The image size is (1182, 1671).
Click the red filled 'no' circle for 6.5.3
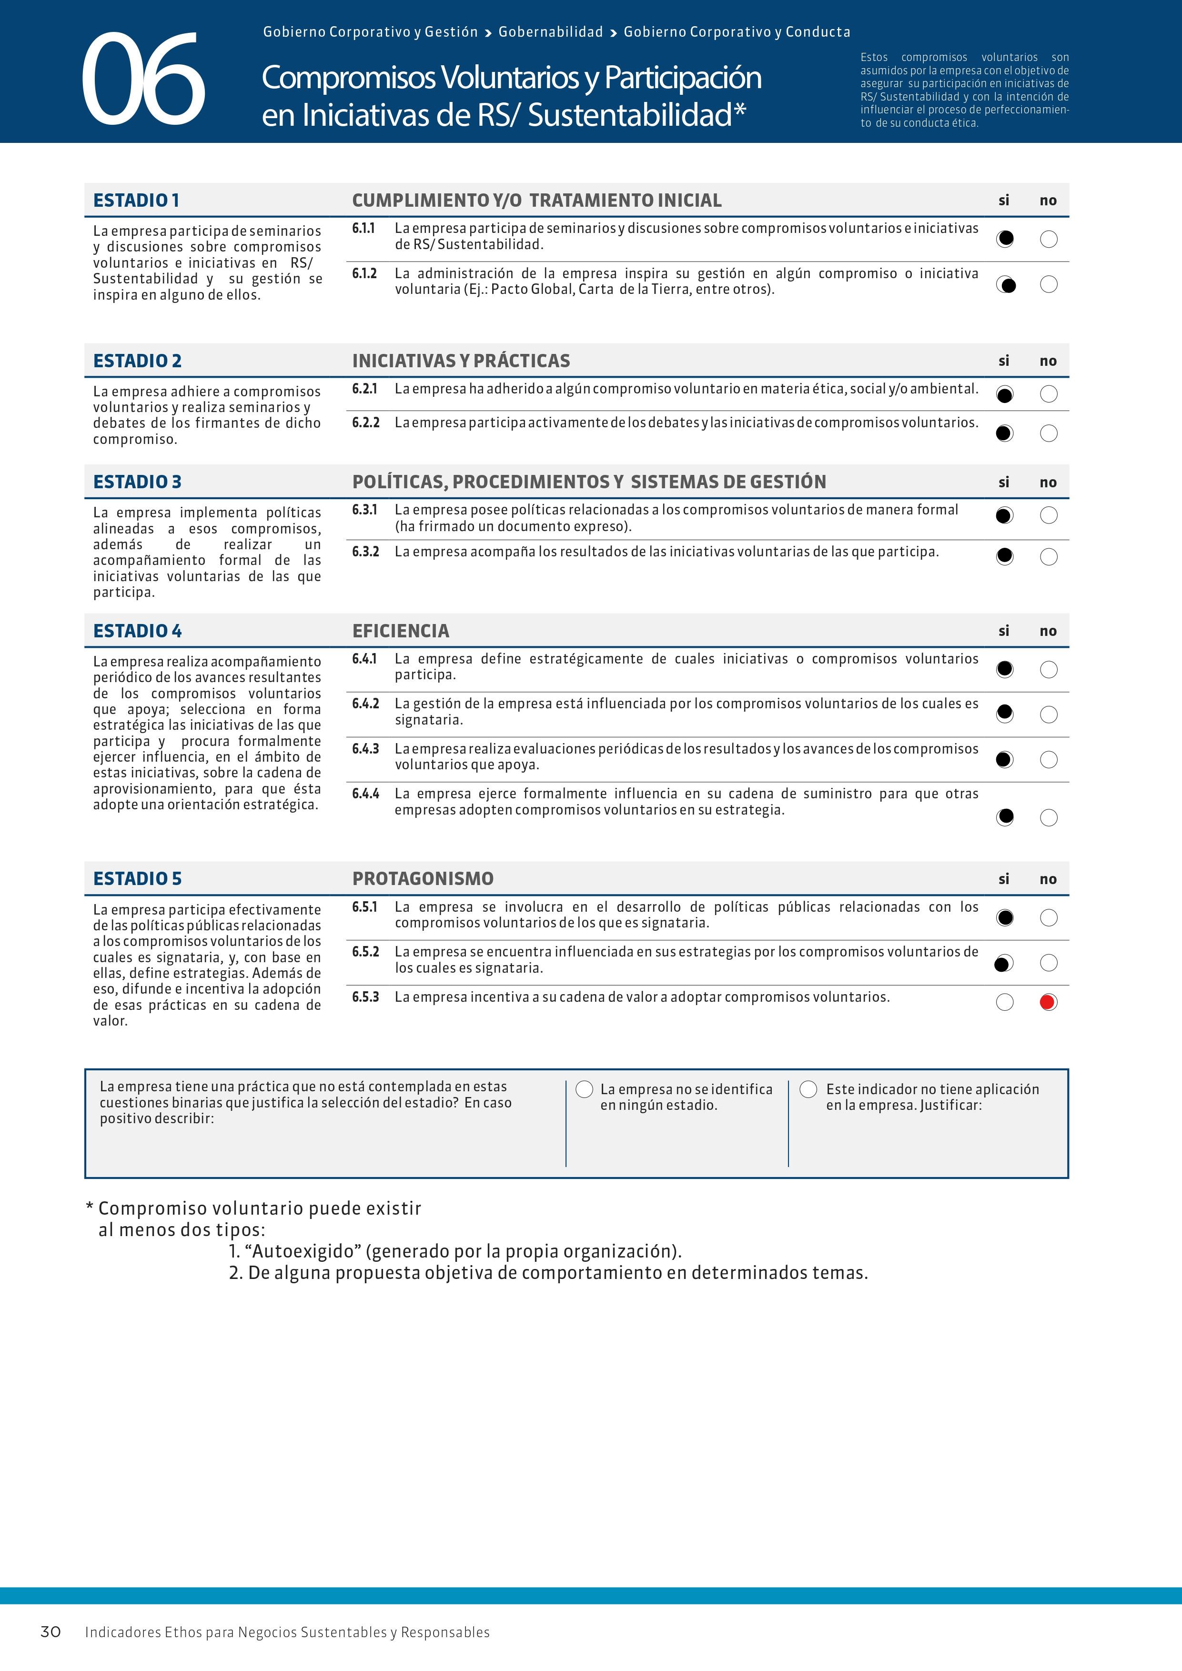click(1048, 1002)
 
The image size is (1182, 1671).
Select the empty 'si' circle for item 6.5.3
click(1004, 1002)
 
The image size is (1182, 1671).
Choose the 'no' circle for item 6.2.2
click(1049, 433)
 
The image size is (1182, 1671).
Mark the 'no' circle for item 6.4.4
click(1049, 817)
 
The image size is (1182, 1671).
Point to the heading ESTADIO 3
click(137, 482)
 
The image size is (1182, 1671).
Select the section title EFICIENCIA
click(400, 631)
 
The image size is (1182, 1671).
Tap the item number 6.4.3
click(365, 749)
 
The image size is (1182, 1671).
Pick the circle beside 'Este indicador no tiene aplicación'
click(808, 1089)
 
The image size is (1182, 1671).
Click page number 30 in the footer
click(50, 1631)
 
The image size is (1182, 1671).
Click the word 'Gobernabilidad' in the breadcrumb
click(550, 32)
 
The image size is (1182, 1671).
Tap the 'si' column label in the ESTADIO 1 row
click(1004, 200)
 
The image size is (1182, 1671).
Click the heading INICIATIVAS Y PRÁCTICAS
click(461, 361)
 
